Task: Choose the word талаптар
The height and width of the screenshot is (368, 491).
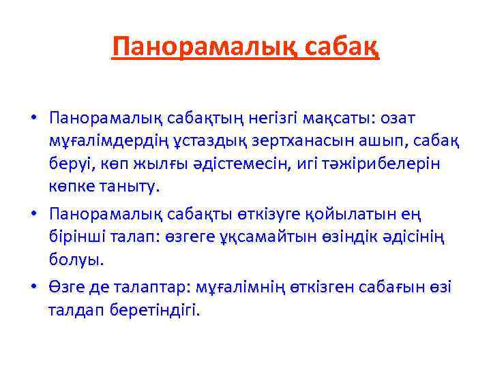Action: (148, 288)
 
